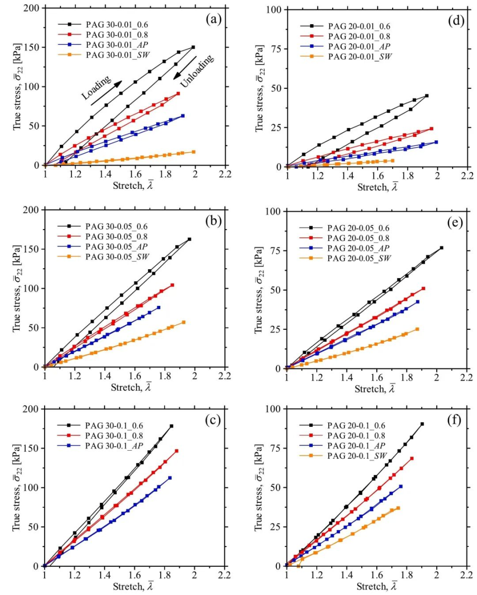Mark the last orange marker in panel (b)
tap(184, 322)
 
